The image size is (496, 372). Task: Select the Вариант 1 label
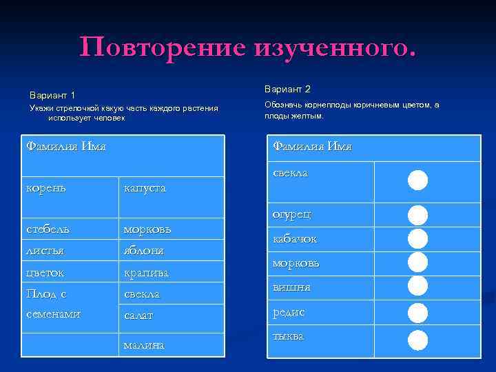tap(52, 94)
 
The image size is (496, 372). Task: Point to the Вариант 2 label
tap(287, 89)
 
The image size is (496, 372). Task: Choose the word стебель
tap(48, 228)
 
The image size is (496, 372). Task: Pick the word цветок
tap(47, 272)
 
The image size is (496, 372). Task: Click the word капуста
tap(145, 188)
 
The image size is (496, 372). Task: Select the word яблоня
tap(143, 251)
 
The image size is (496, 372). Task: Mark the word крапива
tap(145, 273)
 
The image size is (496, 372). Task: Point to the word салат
tap(138, 316)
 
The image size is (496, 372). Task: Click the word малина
tap(143, 344)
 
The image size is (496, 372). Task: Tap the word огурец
tap(292, 214)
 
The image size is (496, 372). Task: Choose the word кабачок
tap(295, 239)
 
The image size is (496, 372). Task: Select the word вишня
tap(291, 287)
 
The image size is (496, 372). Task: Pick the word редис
tap(289, 312)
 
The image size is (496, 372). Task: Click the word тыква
tap(289, 336)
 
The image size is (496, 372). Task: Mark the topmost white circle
tap(417, 180)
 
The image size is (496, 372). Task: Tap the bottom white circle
tap(417, 340)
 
